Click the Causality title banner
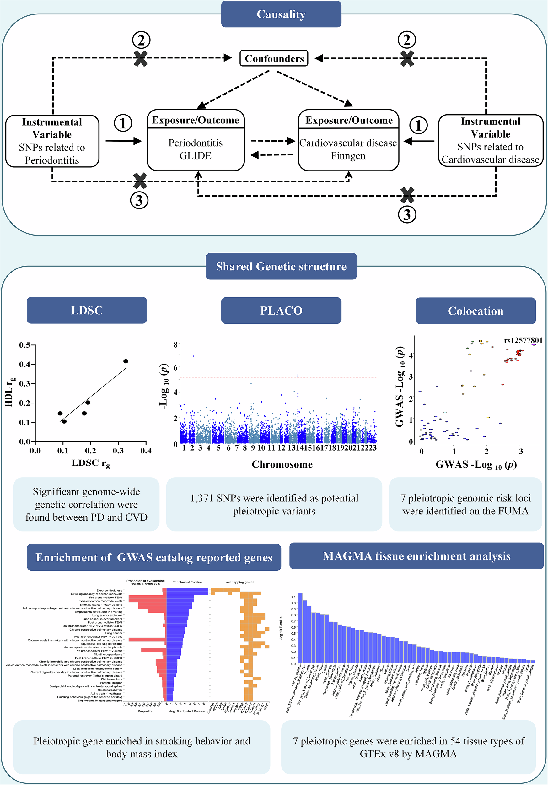[281, 14]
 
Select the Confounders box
[274, 58]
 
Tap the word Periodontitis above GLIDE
[196, 143]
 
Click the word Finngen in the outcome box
[348, 156]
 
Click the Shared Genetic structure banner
[281, 266]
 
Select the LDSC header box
[87, 310]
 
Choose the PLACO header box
[281, 311]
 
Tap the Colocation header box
[475, 311]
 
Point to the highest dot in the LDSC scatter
[126, 361]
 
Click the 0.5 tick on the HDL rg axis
[24, 345]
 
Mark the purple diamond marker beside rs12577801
[534, 345]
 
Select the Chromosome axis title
[282, 464]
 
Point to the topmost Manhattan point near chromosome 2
[193, 356]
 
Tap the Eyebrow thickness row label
[109, 590]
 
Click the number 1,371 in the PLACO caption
[201, 498]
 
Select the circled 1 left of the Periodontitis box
[123, 123]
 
